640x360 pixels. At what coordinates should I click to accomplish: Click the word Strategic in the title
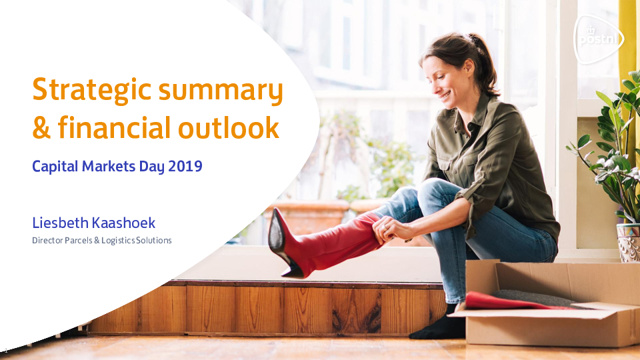92,90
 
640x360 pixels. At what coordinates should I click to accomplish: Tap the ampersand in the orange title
41,128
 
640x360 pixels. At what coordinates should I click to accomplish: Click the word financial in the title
114,127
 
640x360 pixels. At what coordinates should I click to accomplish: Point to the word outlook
229,127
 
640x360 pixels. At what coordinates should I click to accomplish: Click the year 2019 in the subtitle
185,166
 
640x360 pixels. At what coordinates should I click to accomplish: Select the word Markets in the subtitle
108,166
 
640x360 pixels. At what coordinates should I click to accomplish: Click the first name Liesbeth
61,223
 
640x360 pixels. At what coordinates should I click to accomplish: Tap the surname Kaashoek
124,223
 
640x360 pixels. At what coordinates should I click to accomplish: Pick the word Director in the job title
47,241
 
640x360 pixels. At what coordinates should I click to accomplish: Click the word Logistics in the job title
118,241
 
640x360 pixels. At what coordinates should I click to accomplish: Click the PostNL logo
599,39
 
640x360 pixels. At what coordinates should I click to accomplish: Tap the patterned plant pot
629,243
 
